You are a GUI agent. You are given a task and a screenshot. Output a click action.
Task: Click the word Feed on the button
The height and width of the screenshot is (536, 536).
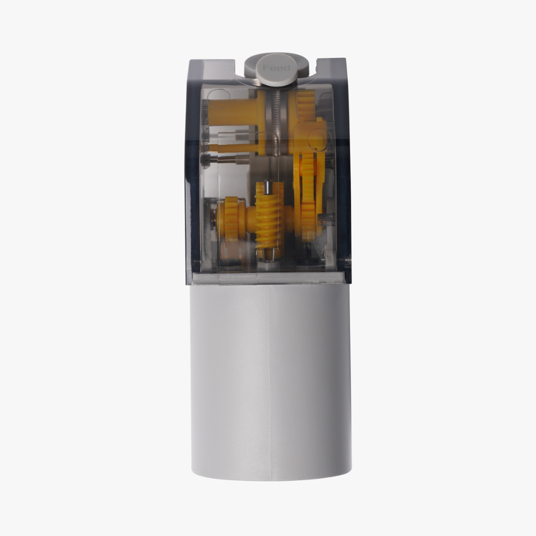[x=276, y=68]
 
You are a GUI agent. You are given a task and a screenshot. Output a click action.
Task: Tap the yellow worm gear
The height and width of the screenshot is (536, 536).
[x=269, y=219]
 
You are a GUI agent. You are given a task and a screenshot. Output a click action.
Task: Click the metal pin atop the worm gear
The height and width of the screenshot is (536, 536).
[x=269, y=187]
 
